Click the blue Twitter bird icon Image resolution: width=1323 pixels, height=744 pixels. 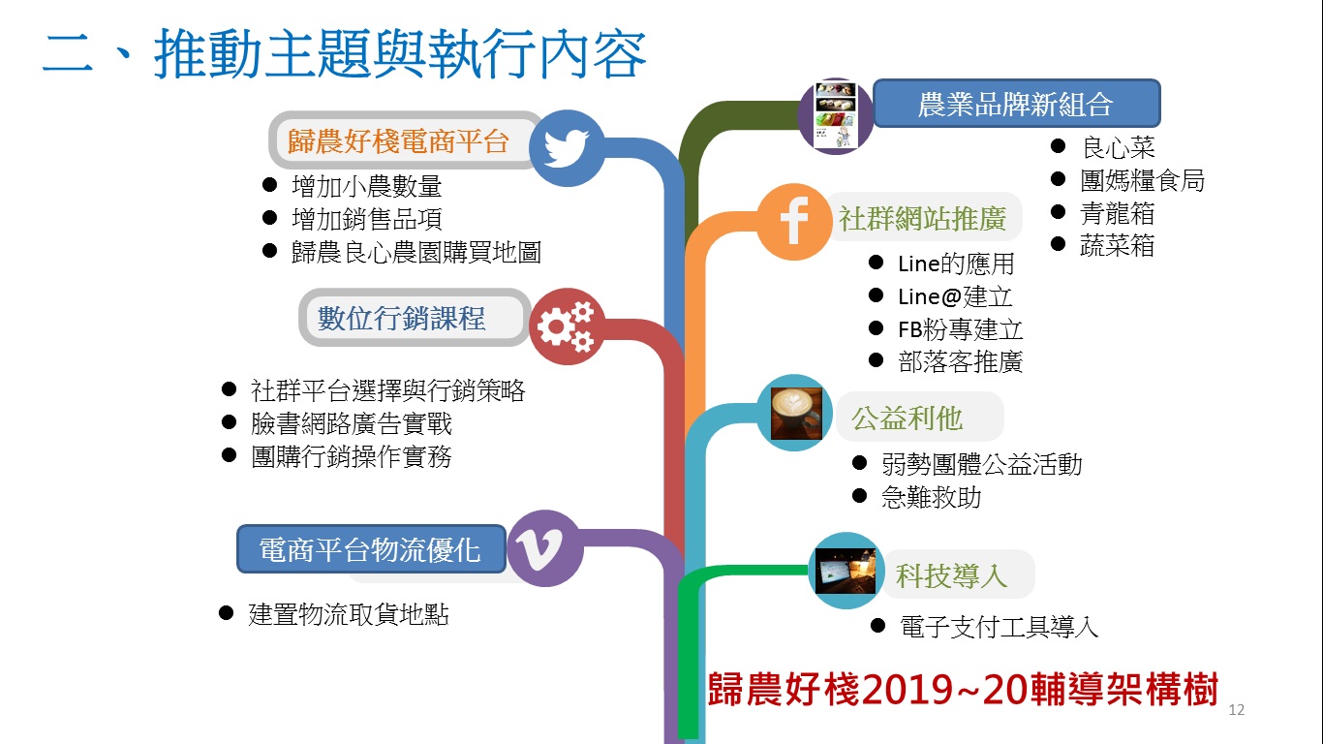tap(567, 148)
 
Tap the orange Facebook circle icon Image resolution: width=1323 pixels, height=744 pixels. tap(794, 222)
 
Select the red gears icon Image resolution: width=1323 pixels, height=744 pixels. tap(567, 326)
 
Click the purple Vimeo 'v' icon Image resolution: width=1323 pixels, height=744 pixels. tap(544, 548)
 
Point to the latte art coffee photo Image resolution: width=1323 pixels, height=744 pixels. tap(796, 413)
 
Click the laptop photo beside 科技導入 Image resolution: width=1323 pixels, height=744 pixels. tap(846, 571)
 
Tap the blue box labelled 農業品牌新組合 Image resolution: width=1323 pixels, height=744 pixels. tap(1017, 104)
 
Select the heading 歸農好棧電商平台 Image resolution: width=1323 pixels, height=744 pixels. tap(398, 141)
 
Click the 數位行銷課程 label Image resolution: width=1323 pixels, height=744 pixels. tap(402, 319)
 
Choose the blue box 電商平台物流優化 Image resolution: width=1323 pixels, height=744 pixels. tap(371, 549)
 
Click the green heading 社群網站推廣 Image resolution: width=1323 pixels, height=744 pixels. tap(923, 219)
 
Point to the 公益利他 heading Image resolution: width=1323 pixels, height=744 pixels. tap(908, 418)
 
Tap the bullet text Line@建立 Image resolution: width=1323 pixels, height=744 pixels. tap(955, 296)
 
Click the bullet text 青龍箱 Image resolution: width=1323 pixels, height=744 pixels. tap(1117, 213)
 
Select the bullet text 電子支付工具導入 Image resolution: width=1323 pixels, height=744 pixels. tap(999, 627)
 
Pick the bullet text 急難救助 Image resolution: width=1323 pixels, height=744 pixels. tap(932, 497)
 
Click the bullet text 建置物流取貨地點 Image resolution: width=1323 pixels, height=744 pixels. tap(349, 614)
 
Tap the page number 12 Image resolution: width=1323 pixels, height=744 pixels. tap(1236, 710)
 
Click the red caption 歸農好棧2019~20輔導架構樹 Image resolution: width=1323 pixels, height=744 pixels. tap(963, 689)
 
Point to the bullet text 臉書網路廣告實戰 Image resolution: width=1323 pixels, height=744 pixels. tap(352, 423)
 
